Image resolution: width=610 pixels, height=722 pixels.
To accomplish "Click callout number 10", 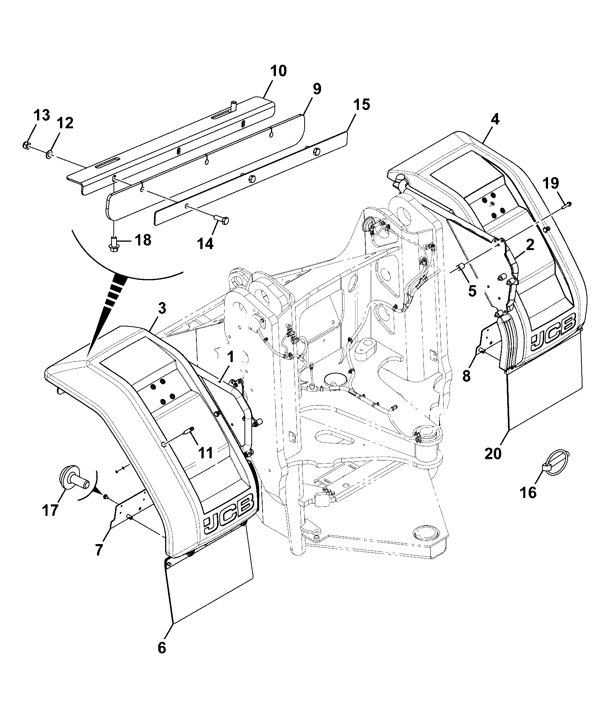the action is [x=278, y=71].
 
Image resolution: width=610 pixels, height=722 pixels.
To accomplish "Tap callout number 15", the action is [x=362, y=104].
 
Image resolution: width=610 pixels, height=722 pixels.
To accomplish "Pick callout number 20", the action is [x=493, y=454].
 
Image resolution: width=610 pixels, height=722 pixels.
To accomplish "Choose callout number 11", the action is [x=206, y=453].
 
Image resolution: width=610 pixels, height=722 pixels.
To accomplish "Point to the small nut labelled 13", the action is [x=26, y=145].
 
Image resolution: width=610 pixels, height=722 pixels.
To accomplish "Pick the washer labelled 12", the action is [x=50, y=154].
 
